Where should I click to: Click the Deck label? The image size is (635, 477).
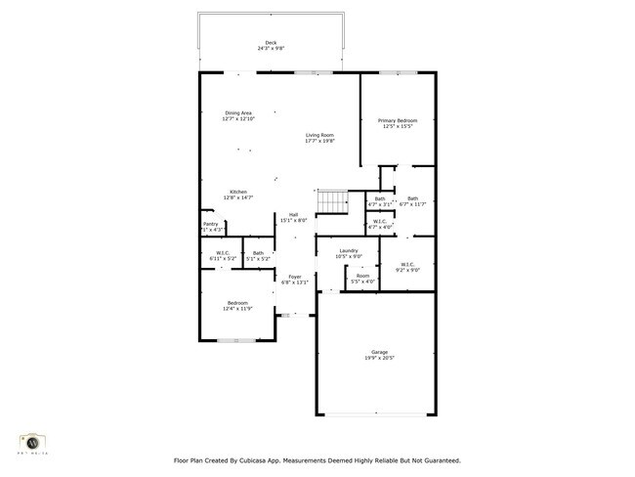point(271,42)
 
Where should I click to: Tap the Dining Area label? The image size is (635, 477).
point(238,112)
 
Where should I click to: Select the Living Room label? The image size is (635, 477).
point(319,135)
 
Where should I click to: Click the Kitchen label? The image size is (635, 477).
point(238,192)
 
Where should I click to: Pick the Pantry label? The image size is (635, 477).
point(211,224)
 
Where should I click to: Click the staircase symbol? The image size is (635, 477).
point(332,201)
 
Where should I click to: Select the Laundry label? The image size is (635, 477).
point(349,251)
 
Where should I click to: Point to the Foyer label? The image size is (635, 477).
point(294,277)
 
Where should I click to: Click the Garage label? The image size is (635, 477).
point(379,352)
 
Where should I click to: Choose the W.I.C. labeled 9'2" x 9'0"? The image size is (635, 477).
point(407,264)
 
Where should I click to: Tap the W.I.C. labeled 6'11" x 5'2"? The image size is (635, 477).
point(217,253)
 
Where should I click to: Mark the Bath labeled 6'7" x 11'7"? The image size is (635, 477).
point(413,198)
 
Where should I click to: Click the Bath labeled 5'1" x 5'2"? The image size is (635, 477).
point(258,253)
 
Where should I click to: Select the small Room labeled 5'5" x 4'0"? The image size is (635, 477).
point(362,276)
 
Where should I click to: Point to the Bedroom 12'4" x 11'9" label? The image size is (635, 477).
point(238,303)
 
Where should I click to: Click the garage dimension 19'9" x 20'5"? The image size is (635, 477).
point(379,358)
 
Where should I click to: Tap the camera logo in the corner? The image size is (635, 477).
point(32,442)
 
